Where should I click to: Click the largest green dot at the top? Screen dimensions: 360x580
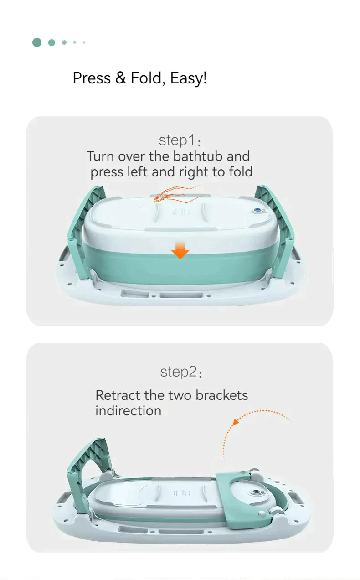pos(37,42)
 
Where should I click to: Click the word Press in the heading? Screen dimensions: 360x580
pos(92,78)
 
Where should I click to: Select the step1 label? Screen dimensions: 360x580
pos(180,140)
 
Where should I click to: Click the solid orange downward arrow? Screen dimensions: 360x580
pos(180,249)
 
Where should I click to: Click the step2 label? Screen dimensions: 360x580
pos(181,372)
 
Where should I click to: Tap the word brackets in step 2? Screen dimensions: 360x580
pos(221,395)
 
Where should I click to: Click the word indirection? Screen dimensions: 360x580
pos(129,411)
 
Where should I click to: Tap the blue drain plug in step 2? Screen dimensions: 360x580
pos(256,492)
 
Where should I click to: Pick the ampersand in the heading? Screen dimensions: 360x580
pos(121,78)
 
